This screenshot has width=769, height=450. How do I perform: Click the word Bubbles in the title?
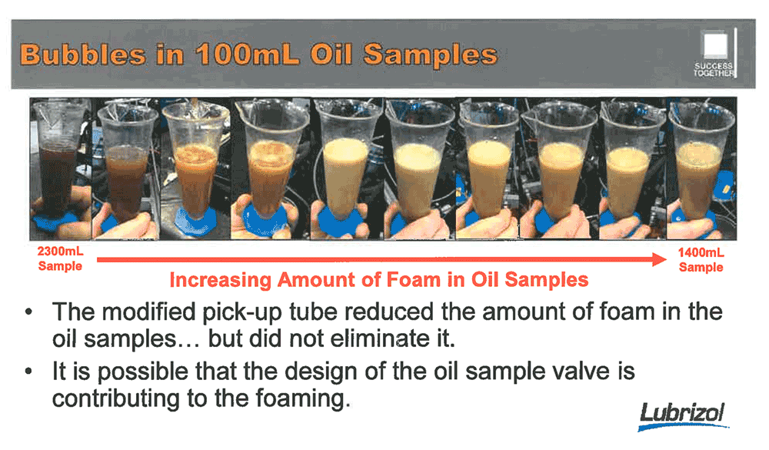pyautogui.click(x=83, y=54)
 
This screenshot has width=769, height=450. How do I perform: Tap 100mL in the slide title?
pyautogui.click(x=248, y=54)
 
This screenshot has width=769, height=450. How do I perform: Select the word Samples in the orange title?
pyautogui.click(x=430, y=55)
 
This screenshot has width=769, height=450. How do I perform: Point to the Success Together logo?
pyautogui.click(x=716, y=53)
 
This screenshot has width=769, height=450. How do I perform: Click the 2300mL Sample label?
pyautogui.click(x=60, y=258)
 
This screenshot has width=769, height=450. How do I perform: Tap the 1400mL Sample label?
pyautogui.click(x=701, y=259)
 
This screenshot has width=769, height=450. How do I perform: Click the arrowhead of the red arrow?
pyautogui.click(x=659, y=259)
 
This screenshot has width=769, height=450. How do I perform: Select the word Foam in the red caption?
pyautogui.click(x=414, y=280)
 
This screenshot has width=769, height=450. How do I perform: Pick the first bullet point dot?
pyautogui.click(x=29, y=312)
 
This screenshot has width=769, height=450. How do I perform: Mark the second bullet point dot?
pyautogui.click(x=29, y=372)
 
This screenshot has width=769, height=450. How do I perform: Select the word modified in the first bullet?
pyautogui.click(x=149, y=312)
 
